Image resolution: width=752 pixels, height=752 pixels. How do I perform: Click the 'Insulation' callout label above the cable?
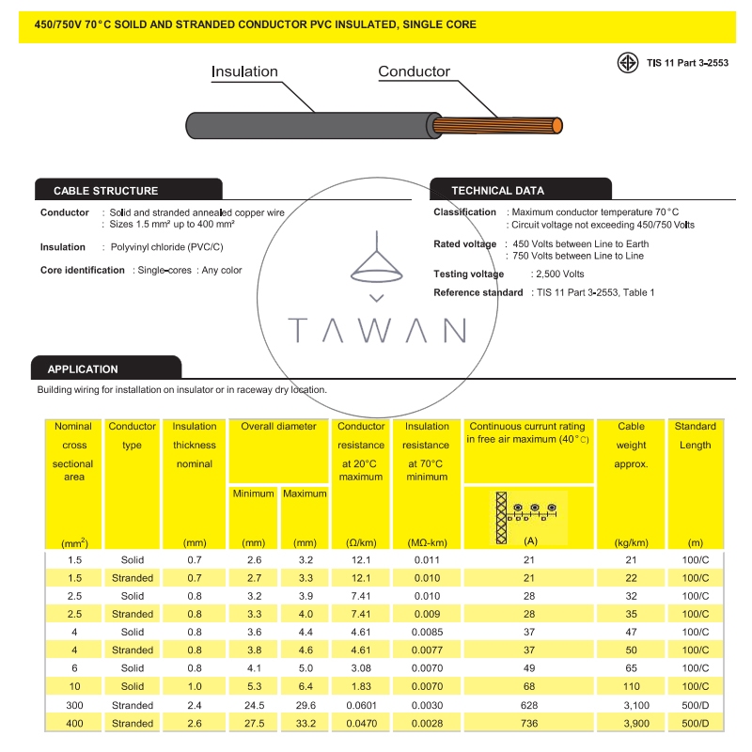click(x=244, y=71)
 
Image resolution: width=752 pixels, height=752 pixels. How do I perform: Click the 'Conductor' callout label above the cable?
click(x=414, y=71)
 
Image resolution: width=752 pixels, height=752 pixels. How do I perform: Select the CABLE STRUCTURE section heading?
click(x=106, y=191)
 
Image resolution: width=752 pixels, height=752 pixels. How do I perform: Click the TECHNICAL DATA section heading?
click(x=497, y=191)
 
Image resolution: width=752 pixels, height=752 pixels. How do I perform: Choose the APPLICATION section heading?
click(x=83, y=369)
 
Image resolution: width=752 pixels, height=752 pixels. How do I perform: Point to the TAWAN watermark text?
click(x=377, y=331)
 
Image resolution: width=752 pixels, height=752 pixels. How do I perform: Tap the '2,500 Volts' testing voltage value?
click(x=559, y=274)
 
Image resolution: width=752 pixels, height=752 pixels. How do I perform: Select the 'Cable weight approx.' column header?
click(x=631, y=446)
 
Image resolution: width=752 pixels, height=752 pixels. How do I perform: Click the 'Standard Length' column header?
click(x=695, y=435)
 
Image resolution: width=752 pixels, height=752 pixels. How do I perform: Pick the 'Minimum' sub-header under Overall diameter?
click(x=254, y=493)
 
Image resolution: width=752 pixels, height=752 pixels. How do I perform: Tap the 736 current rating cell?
click(x=529, y=723)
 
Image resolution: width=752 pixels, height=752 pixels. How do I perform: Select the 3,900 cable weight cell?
click(x=631, y=723)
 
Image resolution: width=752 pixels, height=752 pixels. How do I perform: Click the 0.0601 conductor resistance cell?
click(x=362, y=705)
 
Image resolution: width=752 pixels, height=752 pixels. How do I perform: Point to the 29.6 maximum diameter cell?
click(x=305, y=705)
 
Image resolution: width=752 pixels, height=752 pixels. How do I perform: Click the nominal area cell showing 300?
click(x=74, y=705)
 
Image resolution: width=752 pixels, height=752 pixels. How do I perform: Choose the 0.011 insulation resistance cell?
click(x=427, y=560)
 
